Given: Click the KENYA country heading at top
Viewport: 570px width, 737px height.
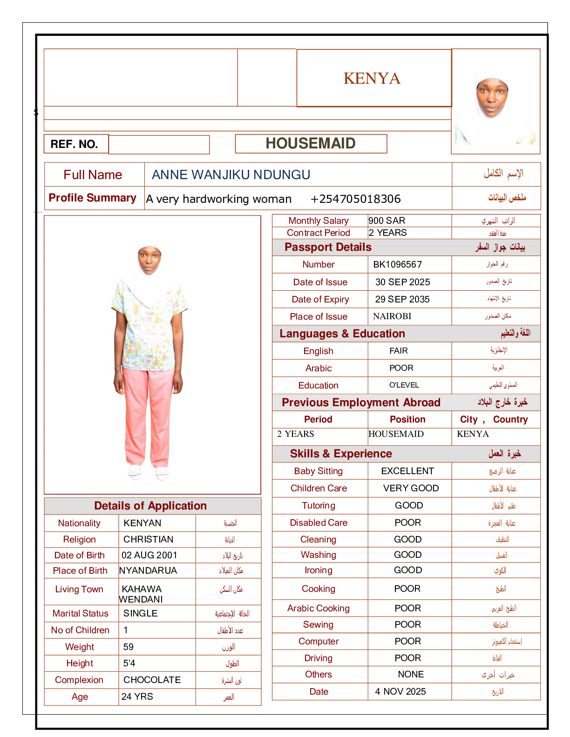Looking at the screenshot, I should click(372, 78).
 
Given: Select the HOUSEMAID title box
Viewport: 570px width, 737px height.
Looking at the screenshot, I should click(311, 143).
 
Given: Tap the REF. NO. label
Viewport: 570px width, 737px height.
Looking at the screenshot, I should click(75, 144).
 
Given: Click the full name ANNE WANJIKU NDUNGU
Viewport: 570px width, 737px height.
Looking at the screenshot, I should click(231, 174).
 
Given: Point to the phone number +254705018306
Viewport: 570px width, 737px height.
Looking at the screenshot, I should click(355, 199).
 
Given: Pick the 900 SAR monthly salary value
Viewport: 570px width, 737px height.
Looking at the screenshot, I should click(387, 221).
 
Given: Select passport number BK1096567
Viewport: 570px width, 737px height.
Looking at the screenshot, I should click(398, 265).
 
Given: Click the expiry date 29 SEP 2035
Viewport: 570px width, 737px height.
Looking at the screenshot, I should click(402, 299).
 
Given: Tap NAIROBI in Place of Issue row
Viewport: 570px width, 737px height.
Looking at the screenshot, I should click(392, 316).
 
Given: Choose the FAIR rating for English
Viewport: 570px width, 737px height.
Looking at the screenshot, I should click(399, 351).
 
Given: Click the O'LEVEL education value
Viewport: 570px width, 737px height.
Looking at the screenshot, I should click(404, 385).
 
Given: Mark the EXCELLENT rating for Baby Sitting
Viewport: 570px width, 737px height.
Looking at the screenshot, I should click(407, 471).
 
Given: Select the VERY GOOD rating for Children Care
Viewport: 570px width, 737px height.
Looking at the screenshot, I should click(411, 488).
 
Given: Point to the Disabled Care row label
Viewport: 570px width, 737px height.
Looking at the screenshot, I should click(319, 523).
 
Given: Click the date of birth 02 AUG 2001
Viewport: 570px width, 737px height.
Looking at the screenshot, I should click(149, 555).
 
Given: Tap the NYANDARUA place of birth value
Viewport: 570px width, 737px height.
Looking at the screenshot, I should click(148, 570).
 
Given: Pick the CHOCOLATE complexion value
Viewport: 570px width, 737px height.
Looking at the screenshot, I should click(152, 680).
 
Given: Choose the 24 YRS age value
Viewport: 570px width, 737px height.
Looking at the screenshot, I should click(137, 697).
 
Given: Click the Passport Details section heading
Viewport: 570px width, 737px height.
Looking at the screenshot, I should click(328, 247).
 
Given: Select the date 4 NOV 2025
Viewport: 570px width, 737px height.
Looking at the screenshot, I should click(400, 691).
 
